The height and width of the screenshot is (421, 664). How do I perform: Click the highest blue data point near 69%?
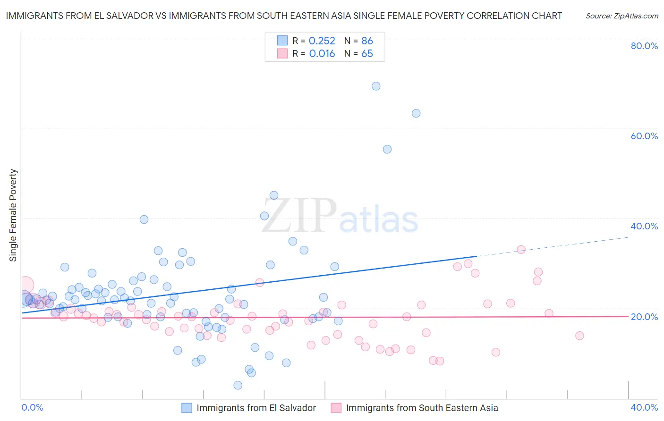[376, 86]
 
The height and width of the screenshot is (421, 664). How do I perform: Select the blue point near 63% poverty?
[416, 113]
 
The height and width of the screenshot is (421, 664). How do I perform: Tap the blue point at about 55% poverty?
[387, 149]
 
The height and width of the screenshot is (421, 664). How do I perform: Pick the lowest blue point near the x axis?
[238, 385]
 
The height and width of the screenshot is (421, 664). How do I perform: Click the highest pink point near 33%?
[521, 249]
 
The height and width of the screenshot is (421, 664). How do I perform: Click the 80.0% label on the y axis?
[644, 46]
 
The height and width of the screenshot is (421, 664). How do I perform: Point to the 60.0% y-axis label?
[644, 136]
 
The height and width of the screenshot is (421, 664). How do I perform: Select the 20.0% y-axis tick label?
[644, 317]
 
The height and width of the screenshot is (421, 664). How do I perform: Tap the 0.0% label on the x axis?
[33, 407]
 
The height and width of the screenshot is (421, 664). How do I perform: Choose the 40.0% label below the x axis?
[644, 407]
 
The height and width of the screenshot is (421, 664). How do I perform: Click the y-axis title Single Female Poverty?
[13, 215]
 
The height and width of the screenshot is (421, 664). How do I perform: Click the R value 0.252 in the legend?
[322, 41]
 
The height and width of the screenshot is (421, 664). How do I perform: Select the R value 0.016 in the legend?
[322, 54]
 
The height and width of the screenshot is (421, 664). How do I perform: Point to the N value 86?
[367, 41]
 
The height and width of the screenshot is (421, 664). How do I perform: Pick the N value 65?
[367, 54]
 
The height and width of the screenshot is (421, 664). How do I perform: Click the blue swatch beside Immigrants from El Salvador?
[187, 408]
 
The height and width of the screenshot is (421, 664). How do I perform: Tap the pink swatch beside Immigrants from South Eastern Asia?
[336, 408]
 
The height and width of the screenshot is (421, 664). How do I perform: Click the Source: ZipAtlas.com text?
[621, 16]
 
